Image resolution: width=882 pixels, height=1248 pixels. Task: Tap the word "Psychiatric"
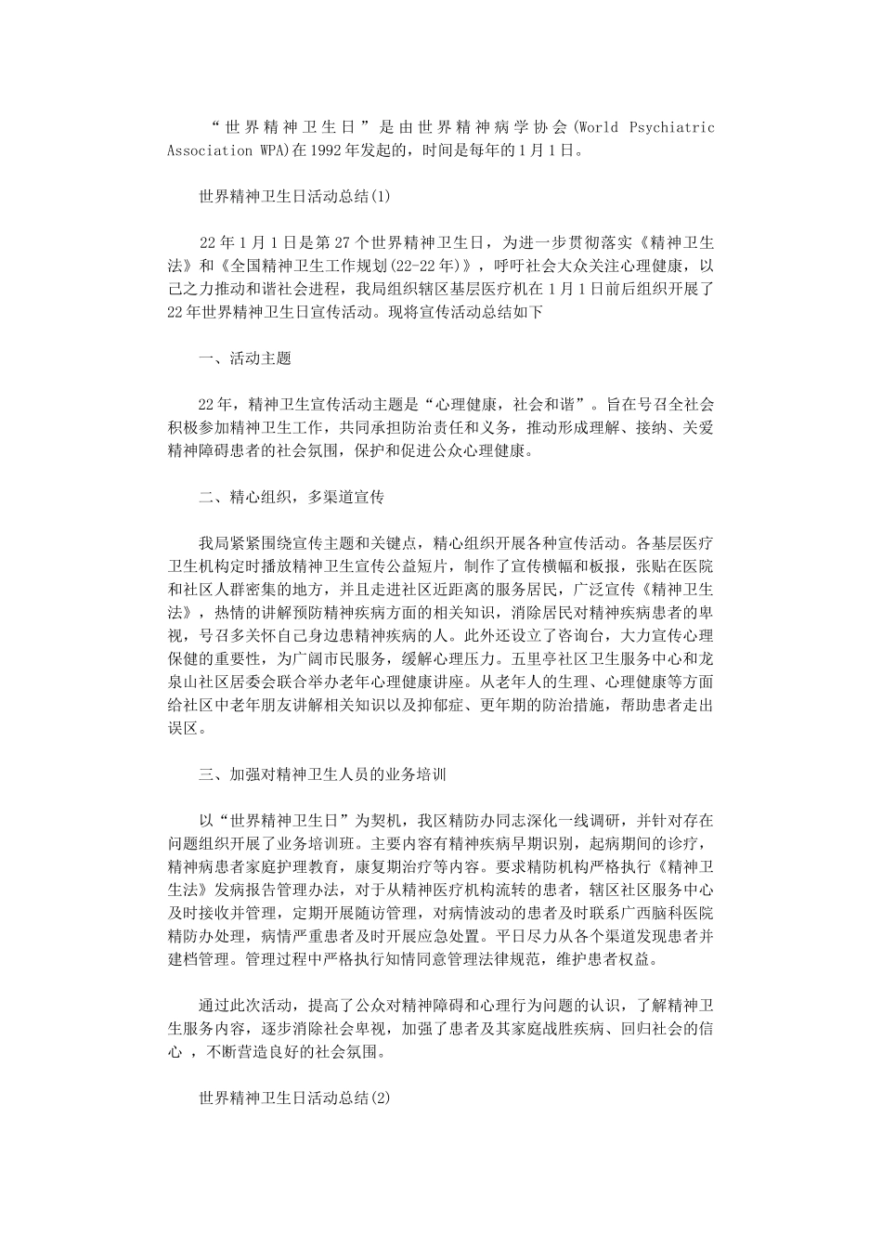(673, 127)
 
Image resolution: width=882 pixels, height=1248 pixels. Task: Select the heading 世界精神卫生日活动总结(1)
(295, 196)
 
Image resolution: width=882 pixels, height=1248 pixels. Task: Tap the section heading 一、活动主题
(244, 357)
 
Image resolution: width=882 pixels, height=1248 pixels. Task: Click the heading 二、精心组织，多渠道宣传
(291, 497)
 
